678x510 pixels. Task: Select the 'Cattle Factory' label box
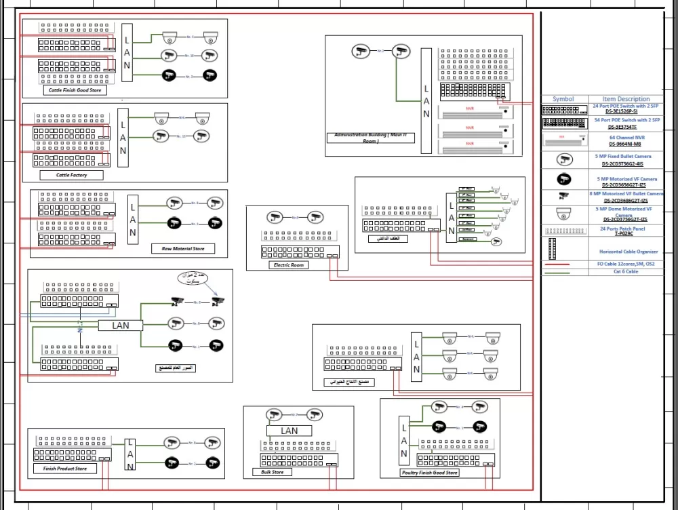click(71, 175)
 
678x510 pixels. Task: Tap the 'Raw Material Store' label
click(182, 249)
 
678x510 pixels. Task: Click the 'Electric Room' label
click(290, 265)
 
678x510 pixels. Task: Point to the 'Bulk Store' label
click(273, 472)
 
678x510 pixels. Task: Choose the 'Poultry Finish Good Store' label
click(430, 473)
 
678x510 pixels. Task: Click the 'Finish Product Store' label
click(65, 469)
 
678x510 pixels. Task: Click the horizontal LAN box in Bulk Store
click(289, 431)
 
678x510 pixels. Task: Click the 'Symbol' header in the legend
click(563, 99)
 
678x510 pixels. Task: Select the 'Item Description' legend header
click(626, 99)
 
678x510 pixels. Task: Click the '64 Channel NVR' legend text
click(626, 138)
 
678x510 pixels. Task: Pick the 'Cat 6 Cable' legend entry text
click(626, 271)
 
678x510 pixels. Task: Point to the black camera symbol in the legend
click(563, 180)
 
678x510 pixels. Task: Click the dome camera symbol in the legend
click(563, 214)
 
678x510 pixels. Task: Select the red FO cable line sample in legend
click(563, 264)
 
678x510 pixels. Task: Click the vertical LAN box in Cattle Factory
click(123, 138)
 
